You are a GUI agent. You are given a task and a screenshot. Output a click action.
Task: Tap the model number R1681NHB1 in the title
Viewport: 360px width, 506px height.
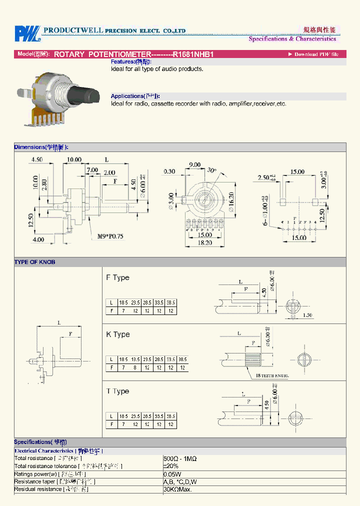click(x=193, y=54)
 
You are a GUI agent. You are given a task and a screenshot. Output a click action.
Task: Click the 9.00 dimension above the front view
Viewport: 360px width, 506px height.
click(x=194, y=164)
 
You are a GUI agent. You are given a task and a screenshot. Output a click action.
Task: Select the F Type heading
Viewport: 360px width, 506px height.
click(x=117, y=277)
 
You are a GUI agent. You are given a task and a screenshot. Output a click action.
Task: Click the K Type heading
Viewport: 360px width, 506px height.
click(x=117, y=334)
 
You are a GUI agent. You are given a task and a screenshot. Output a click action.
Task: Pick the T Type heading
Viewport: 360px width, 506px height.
click(x=117, y=391)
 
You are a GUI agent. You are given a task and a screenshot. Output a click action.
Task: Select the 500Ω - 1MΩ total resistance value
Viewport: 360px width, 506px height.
click(x=180, y=458)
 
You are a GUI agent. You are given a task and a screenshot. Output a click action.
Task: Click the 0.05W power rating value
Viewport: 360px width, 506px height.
click(x=172, y=473)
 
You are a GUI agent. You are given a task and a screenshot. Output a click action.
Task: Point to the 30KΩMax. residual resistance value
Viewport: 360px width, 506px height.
click(x=177, y=489)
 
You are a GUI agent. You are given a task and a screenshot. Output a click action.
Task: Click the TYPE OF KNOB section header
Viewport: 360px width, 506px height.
click(x=34, y=262)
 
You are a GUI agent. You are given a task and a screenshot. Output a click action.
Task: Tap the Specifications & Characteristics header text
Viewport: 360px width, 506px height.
click(x=292, y=39)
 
